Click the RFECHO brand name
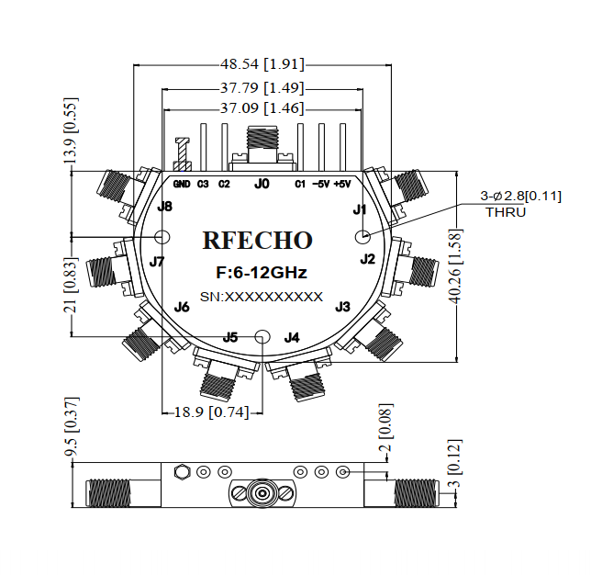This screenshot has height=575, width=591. click(x=257, y=241)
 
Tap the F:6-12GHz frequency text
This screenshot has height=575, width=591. click(x=261, y=273)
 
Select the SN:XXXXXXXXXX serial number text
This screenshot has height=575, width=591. click(x=261, y=297)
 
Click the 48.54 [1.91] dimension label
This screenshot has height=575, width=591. click(x=262, y=64)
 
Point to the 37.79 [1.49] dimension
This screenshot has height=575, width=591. click(x=262, y=88)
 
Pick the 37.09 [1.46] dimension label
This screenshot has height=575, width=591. click(x=262, y=108)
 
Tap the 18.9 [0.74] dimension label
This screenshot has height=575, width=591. click(x=211, y=412)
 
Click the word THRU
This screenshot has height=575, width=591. click(x=506, y=212)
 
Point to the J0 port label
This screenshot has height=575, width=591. click(x=262, y=184)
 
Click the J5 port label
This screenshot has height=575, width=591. click(x=230, y=337)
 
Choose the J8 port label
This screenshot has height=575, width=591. click(x=164, y=207)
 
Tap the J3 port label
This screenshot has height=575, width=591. click(x=342, y=306)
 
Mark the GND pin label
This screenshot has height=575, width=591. click(x=182, y=184)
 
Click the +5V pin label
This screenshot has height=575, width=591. click(x=342, y=184)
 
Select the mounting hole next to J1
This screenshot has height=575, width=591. click(x=361, y=237)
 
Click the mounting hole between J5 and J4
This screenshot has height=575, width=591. click(x=262, y=336)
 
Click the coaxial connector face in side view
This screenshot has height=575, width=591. click(x=262, y=493)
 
